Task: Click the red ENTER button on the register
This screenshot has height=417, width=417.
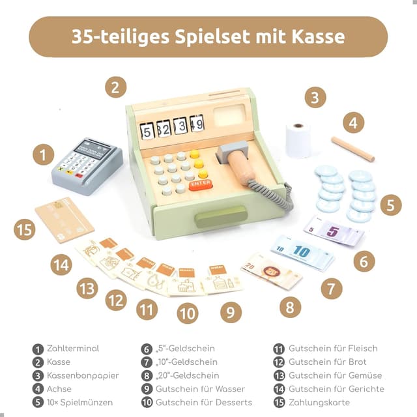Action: (200, 184)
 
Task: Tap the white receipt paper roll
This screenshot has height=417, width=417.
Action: (298, 139)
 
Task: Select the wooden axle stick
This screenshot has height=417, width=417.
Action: (352, 149)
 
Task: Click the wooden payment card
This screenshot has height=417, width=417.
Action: (64, 220)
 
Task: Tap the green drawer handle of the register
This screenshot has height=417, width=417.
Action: (221, 216)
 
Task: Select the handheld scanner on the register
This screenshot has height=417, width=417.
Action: (239, 163)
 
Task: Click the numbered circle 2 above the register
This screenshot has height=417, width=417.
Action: (115, 87)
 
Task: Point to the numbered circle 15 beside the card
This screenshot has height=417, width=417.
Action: (24, 229)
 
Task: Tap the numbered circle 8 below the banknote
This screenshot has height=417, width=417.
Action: (290, 307)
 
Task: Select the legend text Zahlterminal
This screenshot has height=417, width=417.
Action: (73, 349)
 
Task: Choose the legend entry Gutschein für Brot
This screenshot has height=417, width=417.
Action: (327, 362)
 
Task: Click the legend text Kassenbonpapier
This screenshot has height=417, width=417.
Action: (82, 375)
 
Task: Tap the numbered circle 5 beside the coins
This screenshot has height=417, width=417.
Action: (390, 205)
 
